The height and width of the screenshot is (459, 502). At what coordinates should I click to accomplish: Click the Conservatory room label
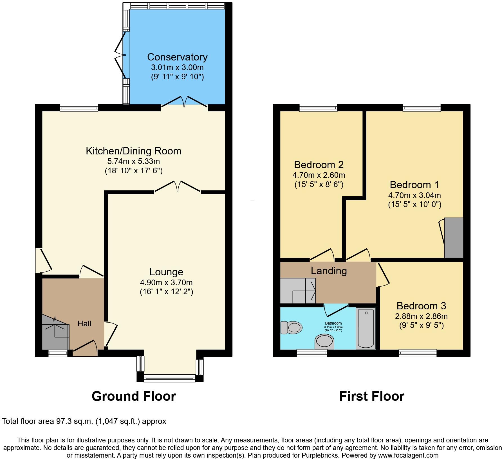tap(177, 57)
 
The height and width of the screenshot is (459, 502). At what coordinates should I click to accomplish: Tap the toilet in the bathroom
tap(292, 328)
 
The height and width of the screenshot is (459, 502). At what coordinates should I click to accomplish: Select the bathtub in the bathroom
tap(366, 328)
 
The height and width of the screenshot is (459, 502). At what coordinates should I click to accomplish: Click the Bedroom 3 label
tap(421, 306)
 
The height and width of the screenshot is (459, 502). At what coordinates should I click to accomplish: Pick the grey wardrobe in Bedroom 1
tap(454, 238)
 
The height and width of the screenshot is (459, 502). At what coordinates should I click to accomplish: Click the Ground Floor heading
tap(134, 396)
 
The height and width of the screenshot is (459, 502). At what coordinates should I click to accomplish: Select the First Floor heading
tap(371, 396)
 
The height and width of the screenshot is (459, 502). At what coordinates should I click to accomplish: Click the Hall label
tap(84, 323)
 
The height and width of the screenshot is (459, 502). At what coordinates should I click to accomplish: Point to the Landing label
tap(329, 271)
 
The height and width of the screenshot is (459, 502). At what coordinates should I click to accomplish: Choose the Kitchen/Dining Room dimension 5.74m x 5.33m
tap(133, 161)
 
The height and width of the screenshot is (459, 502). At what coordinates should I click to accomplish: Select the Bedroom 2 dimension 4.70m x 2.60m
tap(319, 175)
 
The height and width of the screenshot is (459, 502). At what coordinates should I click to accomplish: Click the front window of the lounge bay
tap(169, 379)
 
